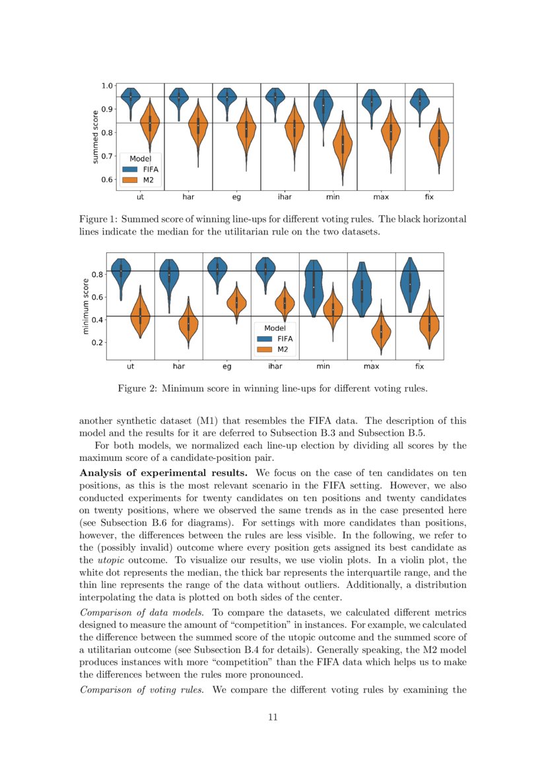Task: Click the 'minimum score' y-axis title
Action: click(x=86, y=305)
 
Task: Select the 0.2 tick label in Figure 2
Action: click(x=96, y=342)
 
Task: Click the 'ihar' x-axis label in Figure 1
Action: click(x=285, y=197)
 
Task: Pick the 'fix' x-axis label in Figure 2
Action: click(x=419, y=365)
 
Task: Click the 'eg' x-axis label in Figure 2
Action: click(x=227, y=365)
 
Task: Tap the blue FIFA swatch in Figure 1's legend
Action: click(x=129, y=169)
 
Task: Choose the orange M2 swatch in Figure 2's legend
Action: click(x=265, y=349)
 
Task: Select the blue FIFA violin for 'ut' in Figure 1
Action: click(x=131, y=100)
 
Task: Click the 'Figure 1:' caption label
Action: click(x=98, y=219)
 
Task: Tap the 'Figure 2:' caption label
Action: click(x=137, y=388)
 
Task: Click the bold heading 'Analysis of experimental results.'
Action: click(x=163, y=473)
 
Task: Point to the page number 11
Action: click(x=273, y=717)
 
